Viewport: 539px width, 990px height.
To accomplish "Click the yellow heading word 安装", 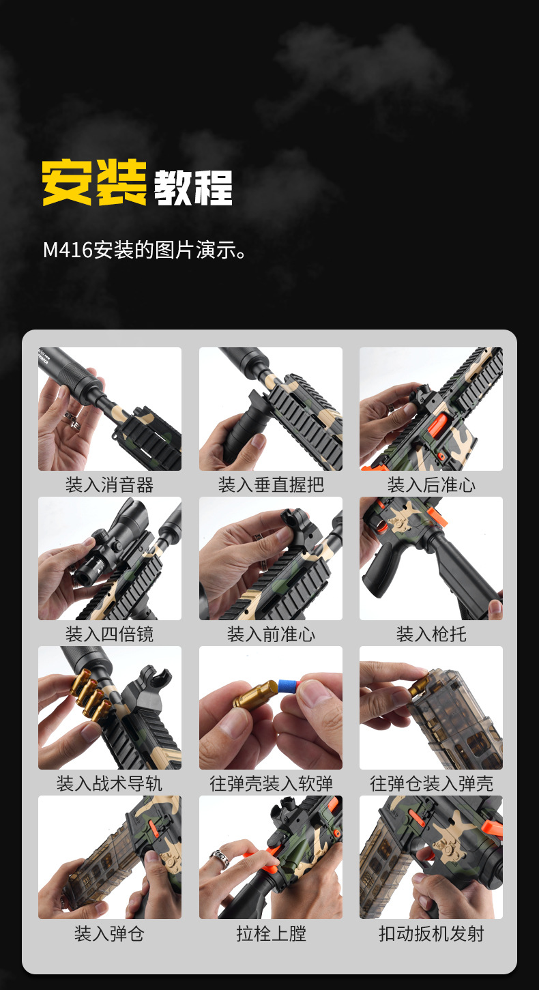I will (x=94, y=183).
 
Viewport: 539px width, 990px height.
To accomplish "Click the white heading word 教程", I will (x=193, y=186).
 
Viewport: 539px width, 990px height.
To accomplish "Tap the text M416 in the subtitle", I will (x=68, y=250).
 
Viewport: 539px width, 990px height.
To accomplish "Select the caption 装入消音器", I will (x=109, y=485).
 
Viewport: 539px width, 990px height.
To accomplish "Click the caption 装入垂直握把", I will (x=271, y=485).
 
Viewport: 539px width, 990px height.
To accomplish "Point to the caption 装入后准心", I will (x=431, y=485).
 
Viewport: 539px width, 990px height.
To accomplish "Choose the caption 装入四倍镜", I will (x=109, y=635).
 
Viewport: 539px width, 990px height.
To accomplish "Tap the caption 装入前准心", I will (x=271, y=635).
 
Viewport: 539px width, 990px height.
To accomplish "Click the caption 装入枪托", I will (x=431, y=635).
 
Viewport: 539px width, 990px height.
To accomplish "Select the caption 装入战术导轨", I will (x=109, y=784).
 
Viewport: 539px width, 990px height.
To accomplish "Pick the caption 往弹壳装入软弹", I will (x=271, y=784).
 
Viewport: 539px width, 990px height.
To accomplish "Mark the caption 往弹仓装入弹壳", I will (x=431, y=784).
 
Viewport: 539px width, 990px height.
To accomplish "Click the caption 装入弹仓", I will (x=109, y=933).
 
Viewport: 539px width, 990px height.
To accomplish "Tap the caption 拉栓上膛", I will (x=271, y=933).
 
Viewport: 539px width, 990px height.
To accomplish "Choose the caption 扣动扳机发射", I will (x=431, y=933).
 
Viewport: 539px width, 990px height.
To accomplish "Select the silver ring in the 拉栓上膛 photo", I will (x=218, y=857).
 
